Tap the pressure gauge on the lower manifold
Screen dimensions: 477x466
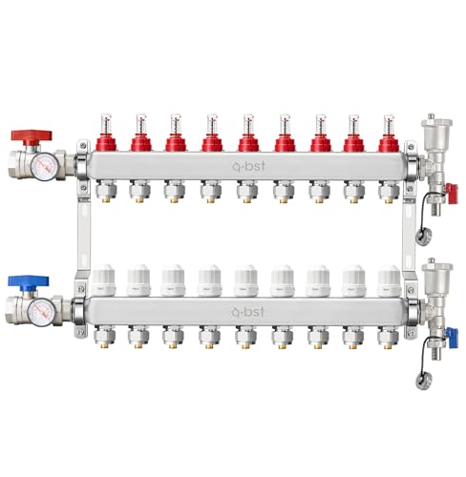40,313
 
